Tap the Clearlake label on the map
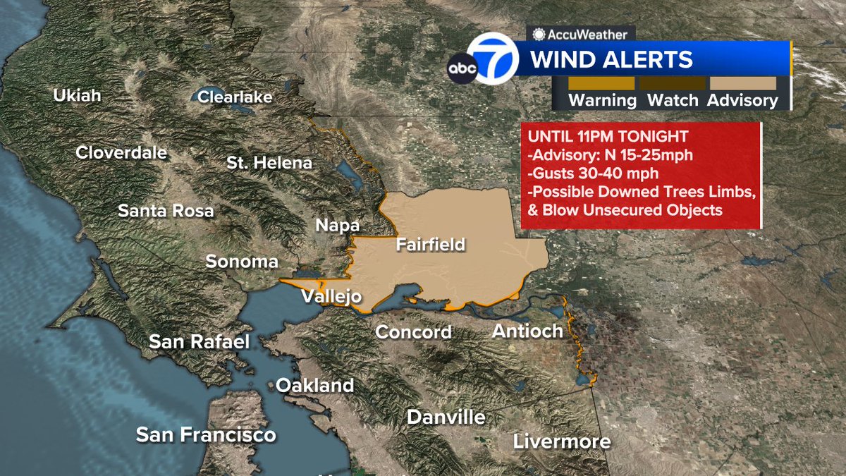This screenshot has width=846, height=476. click(235, 97)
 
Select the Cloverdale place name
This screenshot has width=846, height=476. click(121, 152)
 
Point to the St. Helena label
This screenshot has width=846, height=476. click(269, 162)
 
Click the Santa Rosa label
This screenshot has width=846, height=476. click(166, 210)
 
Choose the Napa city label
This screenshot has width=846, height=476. click(337, 226)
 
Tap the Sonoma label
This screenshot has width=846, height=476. click(242, 262)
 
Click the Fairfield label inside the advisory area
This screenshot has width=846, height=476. click(430, 245)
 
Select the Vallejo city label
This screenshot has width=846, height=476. click(331, 296)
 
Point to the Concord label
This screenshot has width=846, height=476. click(413, 331)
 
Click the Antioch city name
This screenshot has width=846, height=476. click(527, 330)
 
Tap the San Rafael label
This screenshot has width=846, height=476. click(200, 342)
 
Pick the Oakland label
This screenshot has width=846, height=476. click(314, 385)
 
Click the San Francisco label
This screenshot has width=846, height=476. click(206, 434)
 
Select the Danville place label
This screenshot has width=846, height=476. click(446, 417)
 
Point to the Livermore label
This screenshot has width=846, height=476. click(561, 442)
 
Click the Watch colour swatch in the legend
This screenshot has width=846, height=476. click(672, 83)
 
